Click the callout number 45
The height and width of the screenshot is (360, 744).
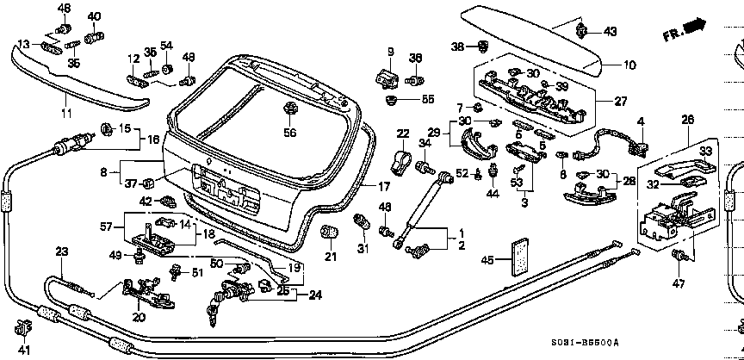487,259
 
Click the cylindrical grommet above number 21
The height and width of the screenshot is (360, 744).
327,232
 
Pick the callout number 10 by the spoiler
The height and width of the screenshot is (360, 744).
629,64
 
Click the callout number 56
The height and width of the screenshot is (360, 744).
290,133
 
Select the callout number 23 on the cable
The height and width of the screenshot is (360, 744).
61,251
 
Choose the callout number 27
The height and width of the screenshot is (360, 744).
621,101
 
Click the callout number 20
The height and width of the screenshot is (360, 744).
138,316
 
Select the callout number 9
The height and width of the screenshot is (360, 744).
389,52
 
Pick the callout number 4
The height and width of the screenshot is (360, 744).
640,121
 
